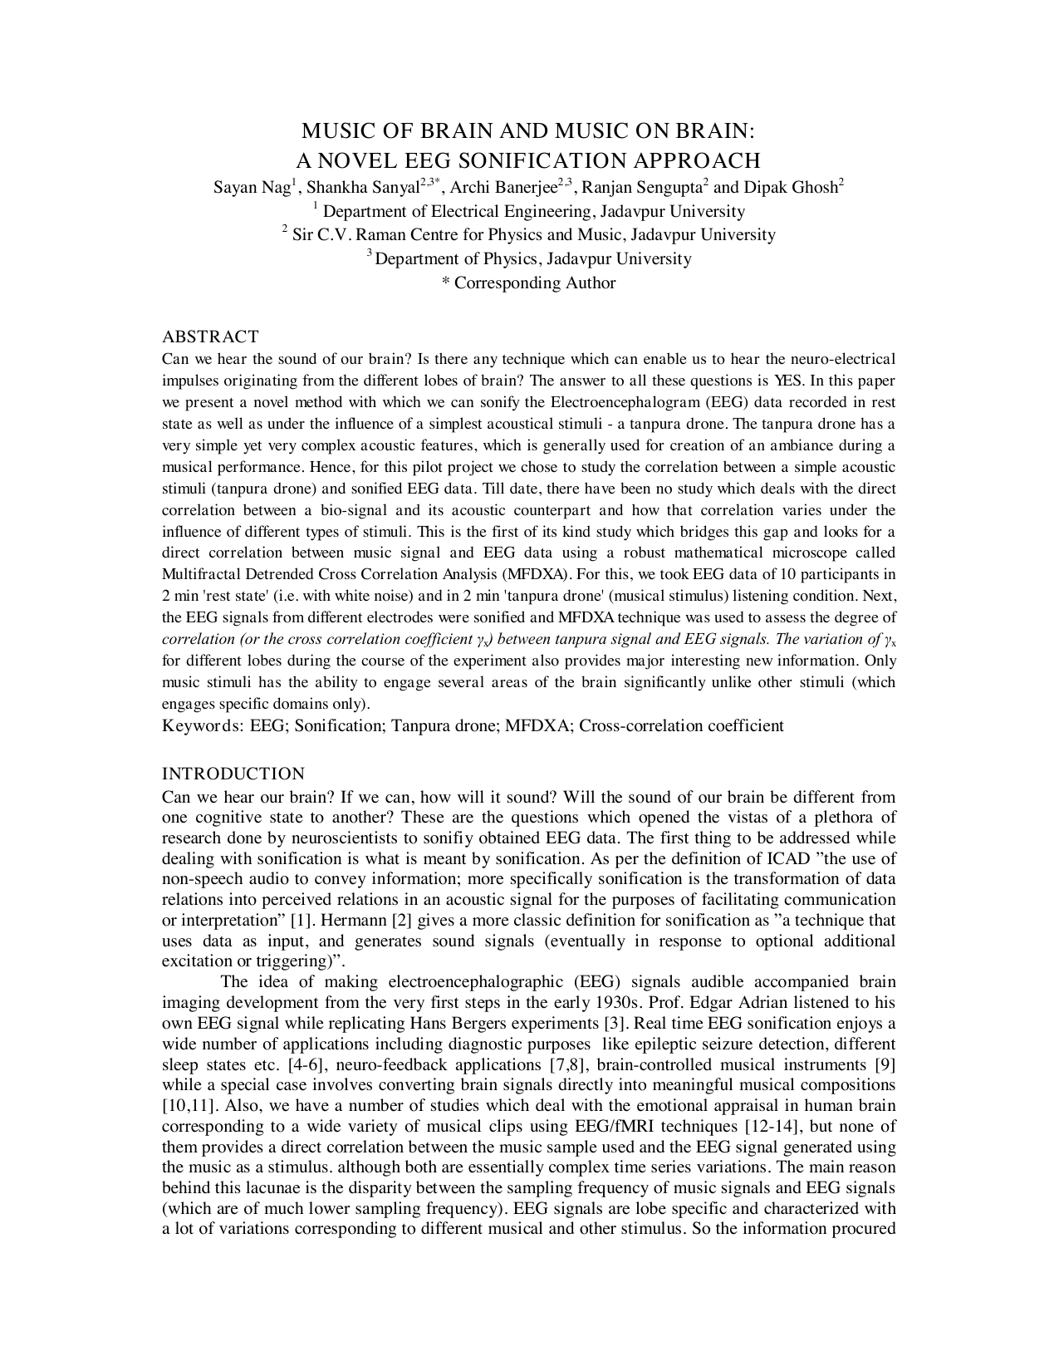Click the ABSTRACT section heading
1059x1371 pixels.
click(210, 337)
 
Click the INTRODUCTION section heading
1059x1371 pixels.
click(233, 774)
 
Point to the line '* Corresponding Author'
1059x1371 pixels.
click(528, 283)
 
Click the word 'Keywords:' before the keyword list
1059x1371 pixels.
click(202, 725)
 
